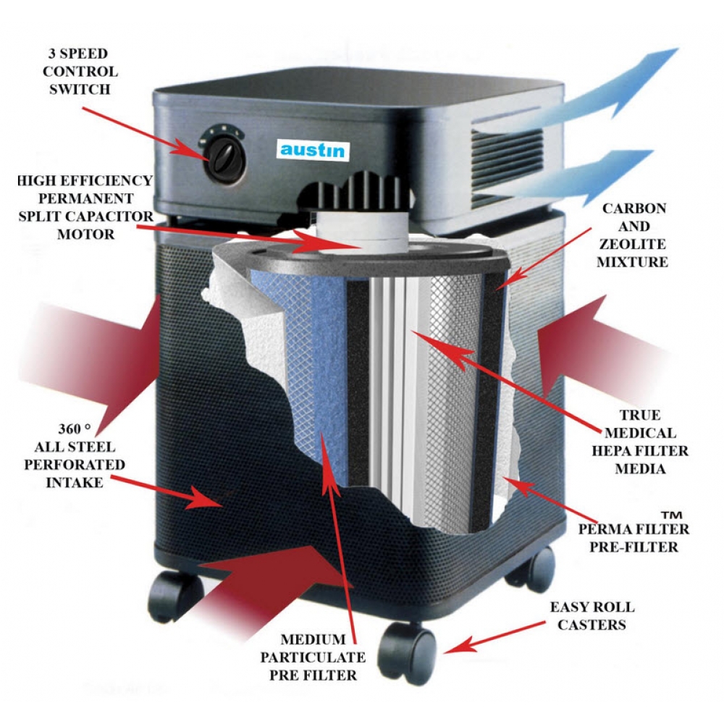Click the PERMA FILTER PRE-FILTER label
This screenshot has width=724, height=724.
633,537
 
